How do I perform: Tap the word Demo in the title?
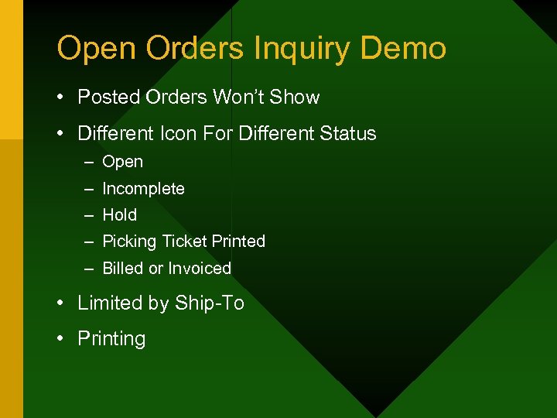click(403, 48)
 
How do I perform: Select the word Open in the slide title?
click(95, 49)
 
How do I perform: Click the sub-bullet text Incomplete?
click(143, 189)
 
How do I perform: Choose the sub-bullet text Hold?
click(119, 215)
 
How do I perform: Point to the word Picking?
click(129, 242)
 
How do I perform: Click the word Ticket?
click(183, 242)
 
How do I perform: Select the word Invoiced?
click(200, 269)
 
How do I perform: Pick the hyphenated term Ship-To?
click(210, 303)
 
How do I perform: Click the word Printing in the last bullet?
click(111, 339)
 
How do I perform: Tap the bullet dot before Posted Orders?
click(60, 98)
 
